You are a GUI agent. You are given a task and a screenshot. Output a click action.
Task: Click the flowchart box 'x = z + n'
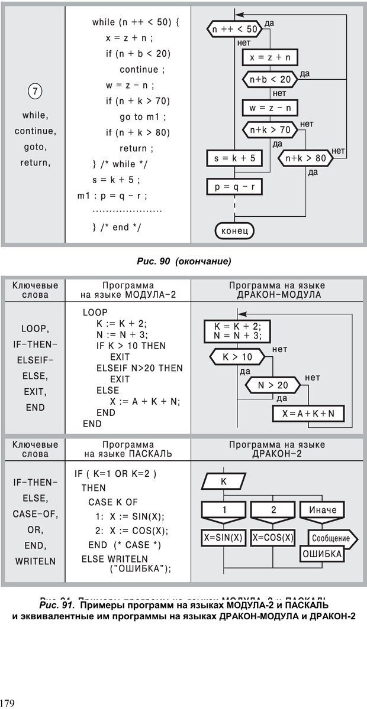(x=270, y=57)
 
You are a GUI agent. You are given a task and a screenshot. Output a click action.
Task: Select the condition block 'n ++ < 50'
(x=234, y=28)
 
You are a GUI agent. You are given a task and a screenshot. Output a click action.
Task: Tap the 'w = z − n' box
(x=270, y=108)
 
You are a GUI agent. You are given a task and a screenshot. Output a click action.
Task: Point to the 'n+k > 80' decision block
(x=305, y=158)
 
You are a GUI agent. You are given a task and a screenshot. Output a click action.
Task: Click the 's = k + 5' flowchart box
(x=234, y=158)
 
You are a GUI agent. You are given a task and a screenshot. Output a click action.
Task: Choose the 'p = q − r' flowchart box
(x=234, y=187)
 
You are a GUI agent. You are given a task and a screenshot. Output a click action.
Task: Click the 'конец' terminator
(x=234, y=229)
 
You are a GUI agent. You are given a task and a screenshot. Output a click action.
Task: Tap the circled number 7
(x=35, y=91)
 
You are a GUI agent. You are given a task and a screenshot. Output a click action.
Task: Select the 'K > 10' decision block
(x=237, y=357)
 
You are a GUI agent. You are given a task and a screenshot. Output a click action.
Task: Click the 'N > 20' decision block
(x=273, y=385)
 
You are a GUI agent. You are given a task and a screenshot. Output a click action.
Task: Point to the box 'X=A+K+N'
(x=308, y=414)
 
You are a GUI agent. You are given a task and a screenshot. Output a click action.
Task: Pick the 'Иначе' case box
(x=323, y=510)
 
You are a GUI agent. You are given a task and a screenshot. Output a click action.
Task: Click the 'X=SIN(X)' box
(x=223, y=538)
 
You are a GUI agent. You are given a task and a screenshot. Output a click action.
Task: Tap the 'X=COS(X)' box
(x=273, y=538)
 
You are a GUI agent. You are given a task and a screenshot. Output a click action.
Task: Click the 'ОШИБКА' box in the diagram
(x=323, y=554)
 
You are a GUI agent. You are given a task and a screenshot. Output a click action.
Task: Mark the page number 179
(x=8, y=703)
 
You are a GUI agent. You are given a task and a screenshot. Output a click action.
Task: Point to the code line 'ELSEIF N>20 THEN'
(x=140, y=368)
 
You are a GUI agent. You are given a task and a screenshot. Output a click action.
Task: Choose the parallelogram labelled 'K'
(x=223, y=482)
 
